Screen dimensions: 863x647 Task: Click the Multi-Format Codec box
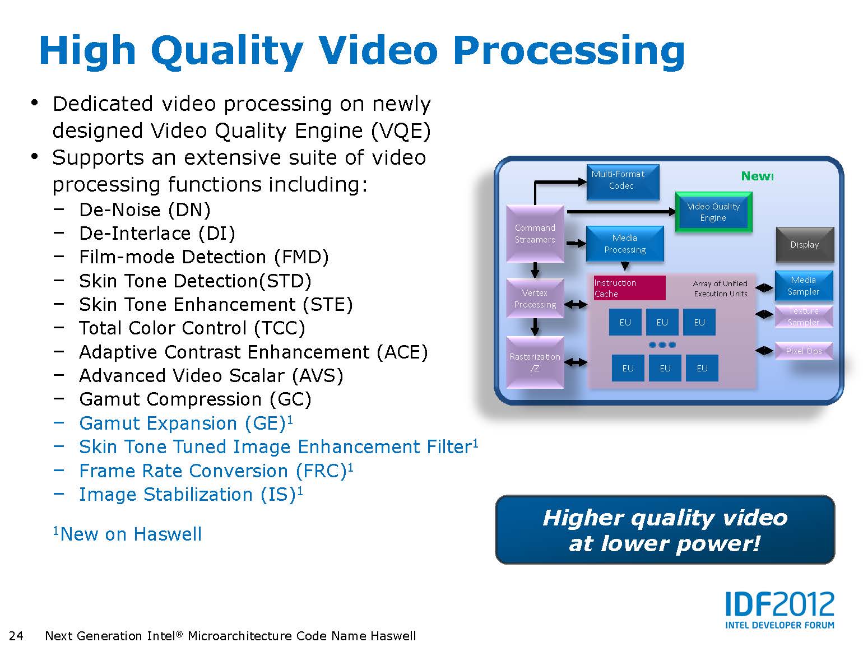[x=623, y=182]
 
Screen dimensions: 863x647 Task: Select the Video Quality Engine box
[x=713, y=212]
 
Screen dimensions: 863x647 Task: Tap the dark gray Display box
[x=804, y=245]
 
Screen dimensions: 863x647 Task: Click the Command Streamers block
[x=535, y=234]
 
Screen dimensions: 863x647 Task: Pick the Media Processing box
[x=625, y=244]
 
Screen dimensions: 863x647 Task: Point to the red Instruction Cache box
[x=629, y=288]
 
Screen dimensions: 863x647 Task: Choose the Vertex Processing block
[x=535, y=299]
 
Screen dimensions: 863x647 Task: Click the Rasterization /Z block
[x=535, y=362]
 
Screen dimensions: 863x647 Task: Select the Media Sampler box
[x=804, y=286]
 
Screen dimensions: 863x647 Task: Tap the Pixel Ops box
[x=804, y=351]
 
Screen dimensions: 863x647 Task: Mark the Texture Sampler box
[x=804, y=316]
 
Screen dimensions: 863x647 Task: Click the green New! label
[x=757, y=176]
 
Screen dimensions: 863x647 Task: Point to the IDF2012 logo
[x=780, y=609]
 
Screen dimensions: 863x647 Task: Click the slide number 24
[x=16, y=636]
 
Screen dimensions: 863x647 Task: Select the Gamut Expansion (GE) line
[x=186, y=423]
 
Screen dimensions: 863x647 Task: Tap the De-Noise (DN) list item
[x=145, y=210]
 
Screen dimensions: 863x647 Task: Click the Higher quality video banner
[x=665, y=529]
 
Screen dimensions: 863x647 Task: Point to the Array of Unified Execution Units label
[x=720, y=288]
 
